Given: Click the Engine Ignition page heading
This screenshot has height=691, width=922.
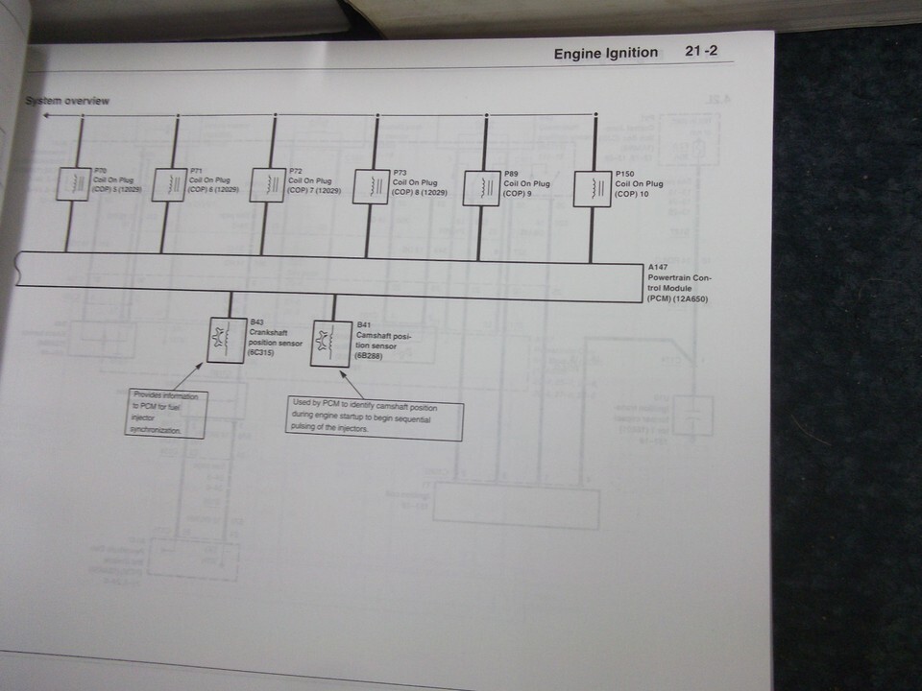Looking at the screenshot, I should (x=605, y=53).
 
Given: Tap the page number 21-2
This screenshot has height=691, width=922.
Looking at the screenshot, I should (x=702, y=51).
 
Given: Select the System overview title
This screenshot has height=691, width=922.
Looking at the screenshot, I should (x=67, y=101).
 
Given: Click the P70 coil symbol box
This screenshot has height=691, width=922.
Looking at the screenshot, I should (x=72, y=183).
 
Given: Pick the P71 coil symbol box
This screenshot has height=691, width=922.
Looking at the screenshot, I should (x=171, y=184).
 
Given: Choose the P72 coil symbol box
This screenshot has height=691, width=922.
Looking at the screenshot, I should (x=268, y=185).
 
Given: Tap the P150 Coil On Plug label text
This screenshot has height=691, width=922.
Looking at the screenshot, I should (x=639, y=183).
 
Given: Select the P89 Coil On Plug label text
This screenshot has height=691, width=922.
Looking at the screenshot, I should (x=527, y=183).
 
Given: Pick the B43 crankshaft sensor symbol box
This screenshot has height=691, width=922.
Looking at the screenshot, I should (x=228, y=339).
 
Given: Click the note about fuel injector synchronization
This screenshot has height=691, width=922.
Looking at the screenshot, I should (x=167, y=414).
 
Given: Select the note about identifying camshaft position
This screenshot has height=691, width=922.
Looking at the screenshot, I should (x=374, y=420).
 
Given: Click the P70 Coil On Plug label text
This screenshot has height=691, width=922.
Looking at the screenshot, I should (x=118, y=179).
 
